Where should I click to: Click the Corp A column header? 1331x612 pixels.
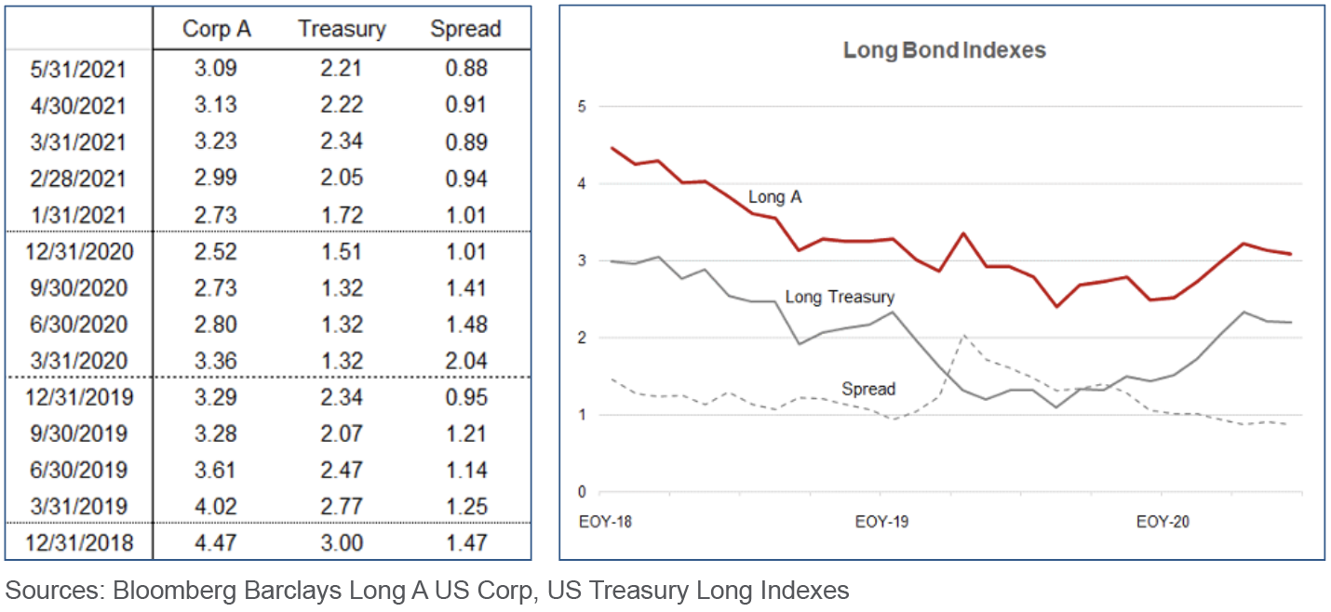click(x=217, y=29)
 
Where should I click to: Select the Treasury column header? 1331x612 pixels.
click(x=342, y=29)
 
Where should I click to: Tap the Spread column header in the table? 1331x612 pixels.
click(x=465, y=29)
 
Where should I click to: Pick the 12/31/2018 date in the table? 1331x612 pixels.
click(x=79, y=543)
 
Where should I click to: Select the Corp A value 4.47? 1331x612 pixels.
click(x=217, y=543)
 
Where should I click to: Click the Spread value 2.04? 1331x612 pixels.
click(x=465, y=361)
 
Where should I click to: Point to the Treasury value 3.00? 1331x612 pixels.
click(x=342, y=543)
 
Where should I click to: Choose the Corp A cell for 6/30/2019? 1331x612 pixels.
click(x=217, y=471)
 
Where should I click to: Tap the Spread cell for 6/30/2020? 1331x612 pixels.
click(x=465, y=325)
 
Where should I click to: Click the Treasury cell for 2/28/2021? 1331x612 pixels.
click(x=342, y=179)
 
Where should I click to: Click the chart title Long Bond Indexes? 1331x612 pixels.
click(x=944, y=50)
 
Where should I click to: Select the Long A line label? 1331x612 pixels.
click(x=774, y=196)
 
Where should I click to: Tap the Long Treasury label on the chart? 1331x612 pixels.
click(x=840, y=298)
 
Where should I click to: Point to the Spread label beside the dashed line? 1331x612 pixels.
click(x=867, y=389)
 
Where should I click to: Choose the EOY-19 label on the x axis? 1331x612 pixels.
click(x=881, y=522)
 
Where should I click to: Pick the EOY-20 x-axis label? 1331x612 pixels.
click(x=1163, y=522)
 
